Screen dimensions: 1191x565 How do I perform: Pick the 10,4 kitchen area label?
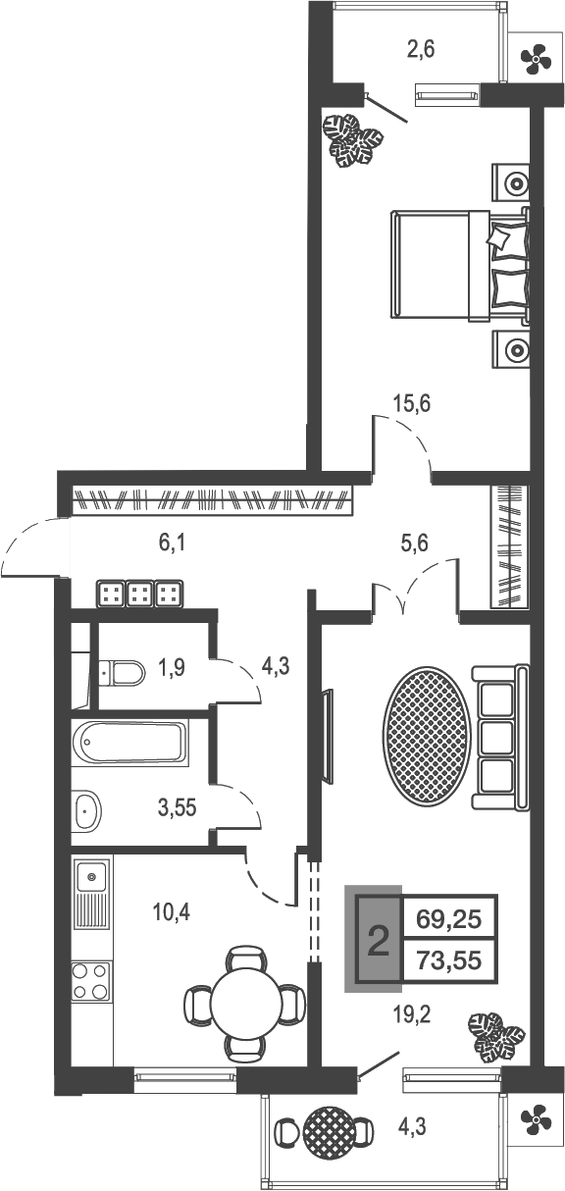point(172,912)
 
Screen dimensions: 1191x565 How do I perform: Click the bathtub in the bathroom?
point(128,745)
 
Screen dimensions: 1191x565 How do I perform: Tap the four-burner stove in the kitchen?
point(91,979)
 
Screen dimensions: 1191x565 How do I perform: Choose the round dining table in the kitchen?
point(245,1002)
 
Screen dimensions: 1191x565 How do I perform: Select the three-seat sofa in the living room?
point(500,737)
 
